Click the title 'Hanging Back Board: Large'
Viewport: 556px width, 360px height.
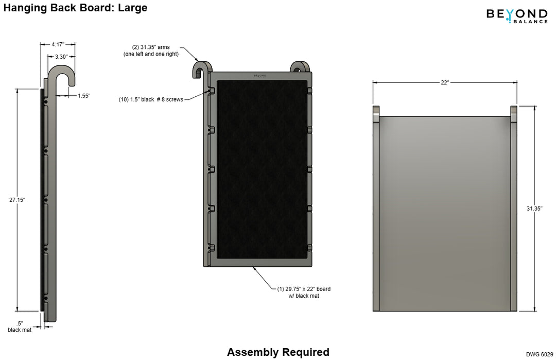click(x=75, y=8)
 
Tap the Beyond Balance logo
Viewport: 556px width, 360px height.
click(x=517, y=16)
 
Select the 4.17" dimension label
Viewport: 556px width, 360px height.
click(x=58, y=44)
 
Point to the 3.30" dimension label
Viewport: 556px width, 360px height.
click(x=61, y=57)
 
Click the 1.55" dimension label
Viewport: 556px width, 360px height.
click(x=84, y=96)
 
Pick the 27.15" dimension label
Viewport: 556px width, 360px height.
click(x=17, y=200)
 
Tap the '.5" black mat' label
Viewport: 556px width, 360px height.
click(x=20, y=327)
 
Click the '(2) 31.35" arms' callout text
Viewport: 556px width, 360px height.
click(x=151, y=47)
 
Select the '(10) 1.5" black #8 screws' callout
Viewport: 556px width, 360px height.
click(x=151, y=100)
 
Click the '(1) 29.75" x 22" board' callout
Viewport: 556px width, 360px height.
click(x=304, y=289)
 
